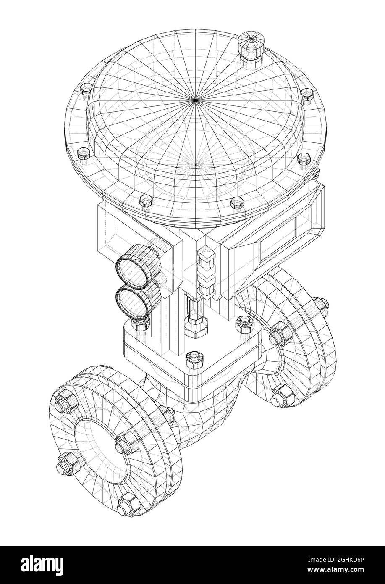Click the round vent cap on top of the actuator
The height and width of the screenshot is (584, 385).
(x=251, y=42)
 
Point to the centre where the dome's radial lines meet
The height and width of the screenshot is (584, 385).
(x=194, y=99)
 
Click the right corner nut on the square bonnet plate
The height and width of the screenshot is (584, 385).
(x=245, y=323)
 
